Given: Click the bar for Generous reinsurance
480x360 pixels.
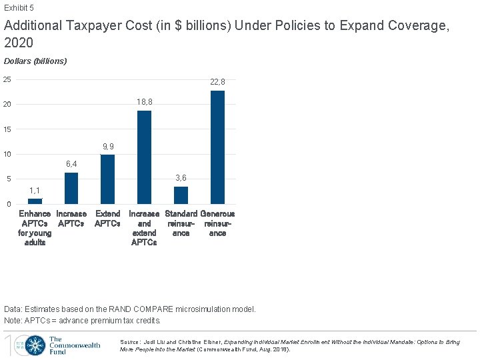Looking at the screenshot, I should pyautogui.click(x=217, y=147).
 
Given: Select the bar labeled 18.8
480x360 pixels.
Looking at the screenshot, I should pyautogui.click(x=144, y=157).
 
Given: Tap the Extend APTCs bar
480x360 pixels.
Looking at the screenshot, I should pyautogui.click(x=107, y=179).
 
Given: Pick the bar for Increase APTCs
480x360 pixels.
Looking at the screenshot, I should pyautogui.click(x=71, y=188).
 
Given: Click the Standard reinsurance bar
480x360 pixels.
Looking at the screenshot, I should pyautogui.click(x=181, y=195).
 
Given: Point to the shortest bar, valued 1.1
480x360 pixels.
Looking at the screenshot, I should pyautogui.click(x=35, y=201).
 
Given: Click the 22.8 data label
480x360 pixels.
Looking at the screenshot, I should pyautogui.click(x=217, y=82).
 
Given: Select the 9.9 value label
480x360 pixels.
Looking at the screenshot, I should pyautogui.click(x=107, y=147).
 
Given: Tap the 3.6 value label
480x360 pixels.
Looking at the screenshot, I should pyautogui.click(x=181, y=178).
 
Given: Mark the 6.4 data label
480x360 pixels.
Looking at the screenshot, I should pyautogui.click(x=71, y=164).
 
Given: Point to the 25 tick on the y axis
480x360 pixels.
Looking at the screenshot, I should pyautogui.click(x=7, y=80).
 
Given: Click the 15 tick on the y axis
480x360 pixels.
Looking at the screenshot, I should pyautogui.click(x=7, y=129).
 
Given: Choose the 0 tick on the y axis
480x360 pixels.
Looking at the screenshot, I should pyautogui.click(x=9, y=204).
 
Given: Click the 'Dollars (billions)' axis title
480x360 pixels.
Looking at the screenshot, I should pyautogui.click(x=35, y=61).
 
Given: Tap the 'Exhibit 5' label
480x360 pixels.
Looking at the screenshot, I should pyautogui.click(x=19, y=8).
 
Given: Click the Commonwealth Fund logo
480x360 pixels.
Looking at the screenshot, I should pyautogui.click(x=53, y=345).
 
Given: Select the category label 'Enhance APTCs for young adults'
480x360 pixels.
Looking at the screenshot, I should pyautogui.click(x=35, y=228).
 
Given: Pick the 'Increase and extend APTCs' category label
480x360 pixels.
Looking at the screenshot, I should pyautogui.click(x=144, y=228).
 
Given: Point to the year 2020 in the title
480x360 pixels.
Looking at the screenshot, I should pyautogui.click(x=19, y=43).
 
